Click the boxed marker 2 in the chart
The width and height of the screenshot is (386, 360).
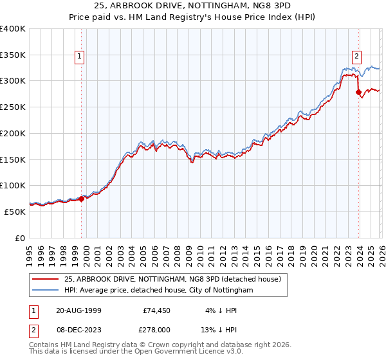click(x=356, y=56)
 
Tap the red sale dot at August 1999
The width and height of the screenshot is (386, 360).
click(x=82, y=199)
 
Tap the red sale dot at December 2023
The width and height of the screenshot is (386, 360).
click(x=358, y=92)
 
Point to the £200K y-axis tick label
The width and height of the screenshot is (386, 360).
click(x=13, y=133)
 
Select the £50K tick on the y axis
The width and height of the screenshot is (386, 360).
click(x=15, y=212)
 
